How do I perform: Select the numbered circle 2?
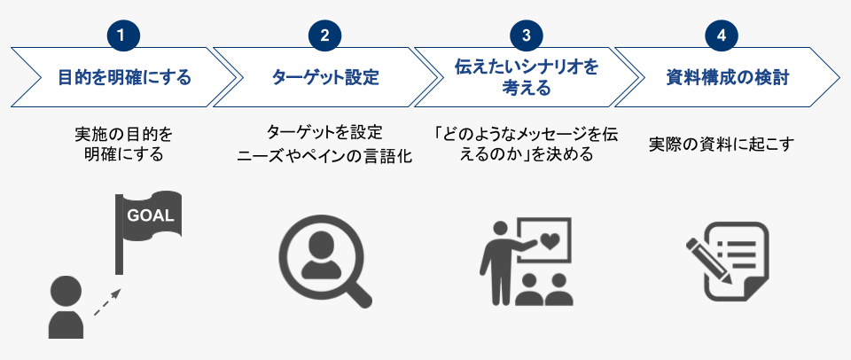pyautogui.click(x=324, y=35)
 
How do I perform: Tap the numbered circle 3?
pyautogui.click(x=527, y=35)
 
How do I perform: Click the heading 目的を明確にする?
pyautogui.click(x=124, y=77)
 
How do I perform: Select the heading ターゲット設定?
pyautogui.click(x=325, y=77)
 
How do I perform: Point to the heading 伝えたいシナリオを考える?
pyautogui.click(x=527, y=77)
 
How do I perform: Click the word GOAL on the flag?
pyautogui.click(x=151, y=215)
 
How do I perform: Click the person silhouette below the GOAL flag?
pyautogui.click(x=66, y=307)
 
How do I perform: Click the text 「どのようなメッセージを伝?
pyautogui.click(x=526, y=134)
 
